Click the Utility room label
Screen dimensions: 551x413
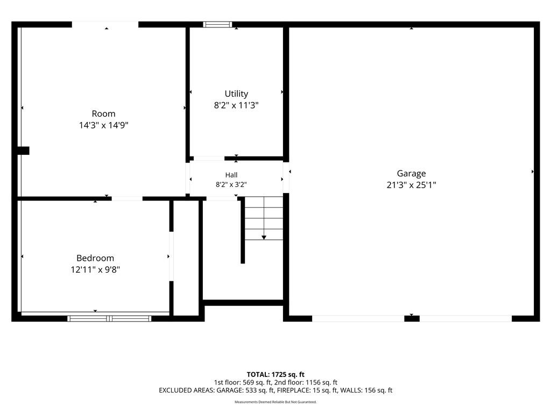[x=236, y=94]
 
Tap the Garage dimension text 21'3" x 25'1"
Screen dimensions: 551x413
[x=411, y=185]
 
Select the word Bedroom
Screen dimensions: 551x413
[x=95, y=258]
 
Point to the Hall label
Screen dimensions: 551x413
[x=231, y=175]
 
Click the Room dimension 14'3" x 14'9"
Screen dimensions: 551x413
[x=104, y=125]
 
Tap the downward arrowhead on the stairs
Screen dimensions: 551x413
[x=264, y=238]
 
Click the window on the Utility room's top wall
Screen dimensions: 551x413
[x=217, y=24]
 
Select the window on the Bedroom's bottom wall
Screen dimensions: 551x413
[x=109, y=318]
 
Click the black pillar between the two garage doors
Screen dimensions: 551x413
[x=412, y=318]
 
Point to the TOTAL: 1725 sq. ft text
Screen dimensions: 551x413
[x=275, y=374]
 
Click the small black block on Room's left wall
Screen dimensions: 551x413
[x=23, y=151]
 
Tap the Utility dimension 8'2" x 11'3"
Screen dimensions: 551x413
[x=236, y=105]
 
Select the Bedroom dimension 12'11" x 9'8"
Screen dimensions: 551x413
[x=95, y=270]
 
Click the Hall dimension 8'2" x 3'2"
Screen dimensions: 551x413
[x=231, y=184]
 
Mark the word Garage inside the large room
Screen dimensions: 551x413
[x=411, y=174]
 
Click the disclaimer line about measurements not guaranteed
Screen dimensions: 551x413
[x=275, y=402]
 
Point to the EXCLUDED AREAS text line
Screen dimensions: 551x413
[x=275, y=390]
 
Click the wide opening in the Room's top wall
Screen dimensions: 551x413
[x=105, y=24]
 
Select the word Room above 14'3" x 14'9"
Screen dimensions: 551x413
[x=104, y=114]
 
